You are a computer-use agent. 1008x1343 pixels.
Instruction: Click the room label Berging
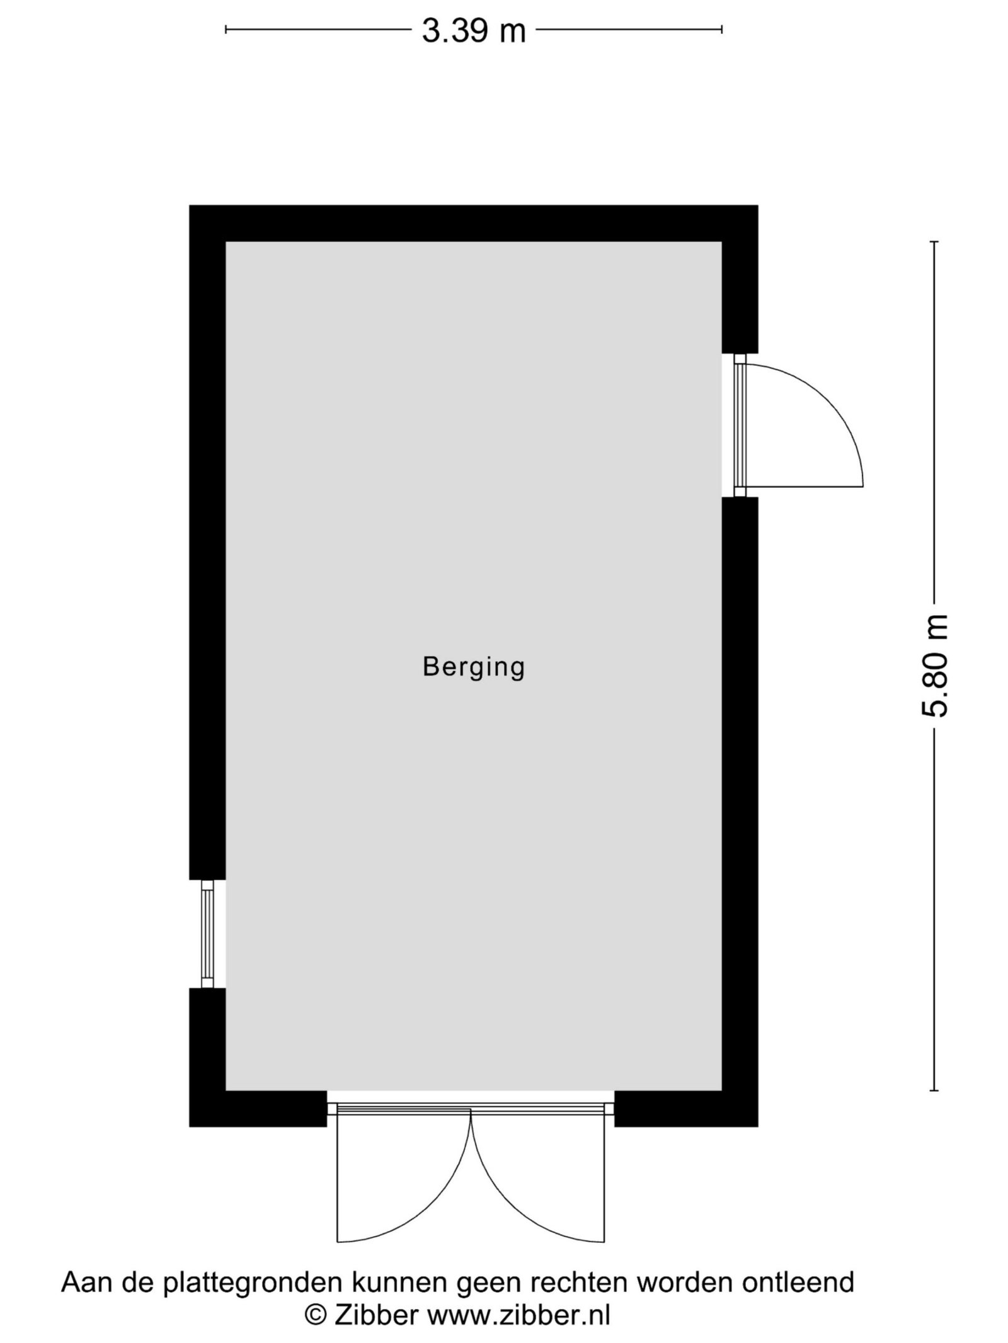tap(474, 668)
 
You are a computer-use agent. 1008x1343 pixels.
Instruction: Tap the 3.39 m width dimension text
tap(474, 31)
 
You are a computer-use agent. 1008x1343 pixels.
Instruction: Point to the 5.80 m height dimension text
tap(934, 666)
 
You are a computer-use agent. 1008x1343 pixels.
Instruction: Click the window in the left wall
tap(208, 934)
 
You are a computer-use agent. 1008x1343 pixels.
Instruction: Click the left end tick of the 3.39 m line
tap(226, 28)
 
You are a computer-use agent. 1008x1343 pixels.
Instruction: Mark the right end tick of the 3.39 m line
tap(722, 28)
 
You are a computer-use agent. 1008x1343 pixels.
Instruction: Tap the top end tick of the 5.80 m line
tap(934, 242)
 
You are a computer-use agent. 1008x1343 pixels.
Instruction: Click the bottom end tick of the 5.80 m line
tap(934, 1091)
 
